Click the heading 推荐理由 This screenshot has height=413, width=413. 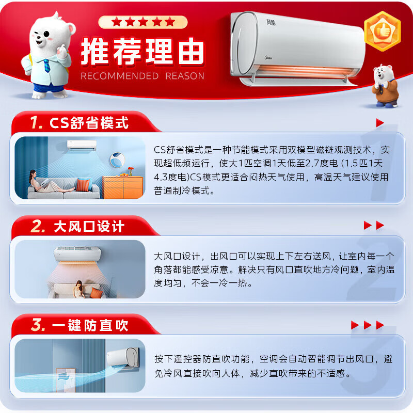coord(142,52)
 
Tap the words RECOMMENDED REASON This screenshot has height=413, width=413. coord(142,76)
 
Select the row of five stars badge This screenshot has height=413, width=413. coord(143,22)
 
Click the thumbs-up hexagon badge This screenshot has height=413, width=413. coord(383,31)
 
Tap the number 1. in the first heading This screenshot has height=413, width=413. coord(36,123)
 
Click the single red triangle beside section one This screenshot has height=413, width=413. coord(380,123)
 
